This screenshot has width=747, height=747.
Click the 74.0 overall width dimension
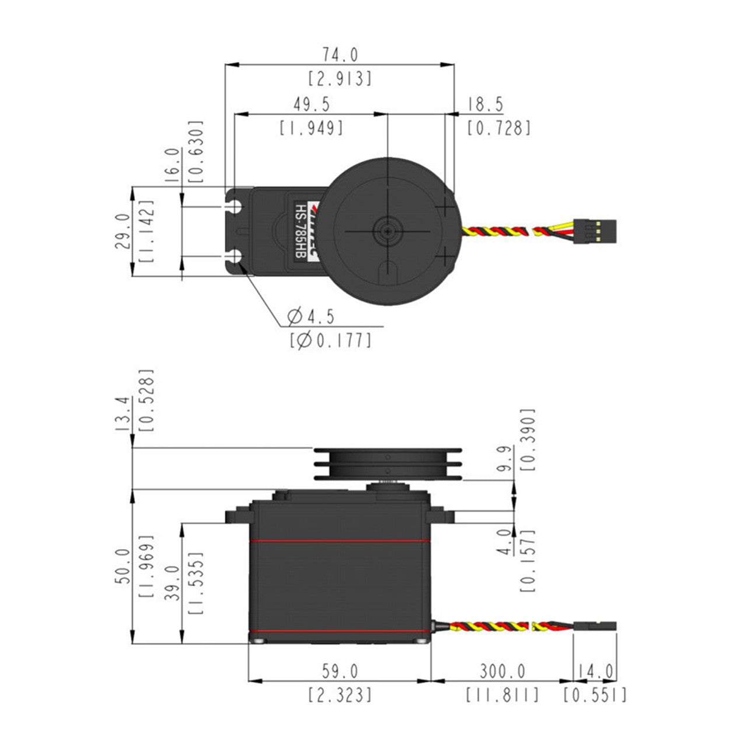pyautogui.click(x=340, y=55)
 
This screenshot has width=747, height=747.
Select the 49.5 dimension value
pyautogui.click(x=311, y=104)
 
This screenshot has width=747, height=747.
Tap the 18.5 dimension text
pyautogui.click(x=484, y=104)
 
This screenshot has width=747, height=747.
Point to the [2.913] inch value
pyautogui.click(x=340, y=78)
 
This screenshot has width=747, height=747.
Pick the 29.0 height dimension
pyautogui.click(x=123, y=231)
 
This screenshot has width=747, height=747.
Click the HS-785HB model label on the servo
pyautogui.click(x=299, y=231)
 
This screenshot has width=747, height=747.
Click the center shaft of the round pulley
pyautogui.click(x=388, y=231)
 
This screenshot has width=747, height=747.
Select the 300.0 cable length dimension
pyautogui.click(x=502, y=671)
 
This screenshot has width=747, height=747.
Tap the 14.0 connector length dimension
pyautogui.click(x=595, y=671)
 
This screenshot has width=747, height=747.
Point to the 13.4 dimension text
pyautogui.click(x=123, y=413)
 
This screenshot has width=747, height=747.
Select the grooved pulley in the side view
pyautogui.click(x=388, y=464)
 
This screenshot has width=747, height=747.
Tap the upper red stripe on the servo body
pyautogui.click(x=340, y=541)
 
